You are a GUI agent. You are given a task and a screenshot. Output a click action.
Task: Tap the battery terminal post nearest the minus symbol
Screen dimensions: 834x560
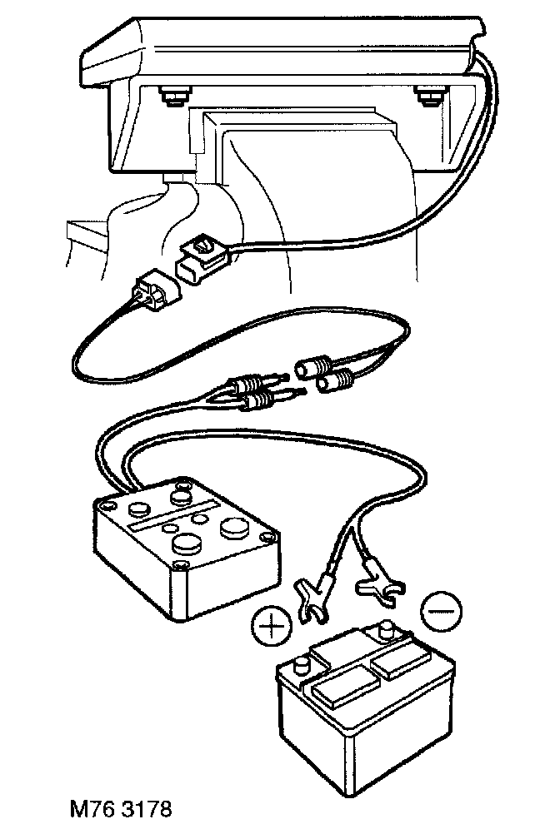point(386,633)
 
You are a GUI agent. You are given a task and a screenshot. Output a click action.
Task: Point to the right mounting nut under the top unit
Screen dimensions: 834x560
point(428,98)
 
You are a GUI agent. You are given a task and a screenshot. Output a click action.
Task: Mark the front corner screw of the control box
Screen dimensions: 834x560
point(177,566)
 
